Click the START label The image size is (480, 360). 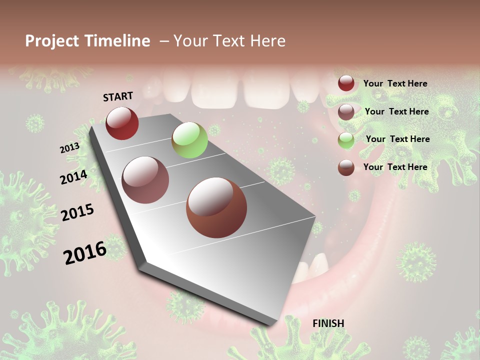pyautogui.click(x=118, y=96)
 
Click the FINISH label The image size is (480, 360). pyautogui.click(x=328, y=323)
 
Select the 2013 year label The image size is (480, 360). pyautogui.click(x=69, y=148)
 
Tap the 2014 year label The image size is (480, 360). pyautogui.click(x=73, y=177)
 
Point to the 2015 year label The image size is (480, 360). pyautogui.click(x=77, y=212)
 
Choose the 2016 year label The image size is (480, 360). pyautogui.click(x=85, y=252)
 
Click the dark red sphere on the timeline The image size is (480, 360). pyautogui.click(x=122, y=123)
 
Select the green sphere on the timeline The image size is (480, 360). pyautogui.click(x=189, y=140)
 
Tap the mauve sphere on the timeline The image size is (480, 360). pyautogui.click(x=145, y=180)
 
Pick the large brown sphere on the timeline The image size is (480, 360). pyautogui.click(x=216, y=207)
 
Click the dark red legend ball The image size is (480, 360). pyautogui.click(x=346, y=83)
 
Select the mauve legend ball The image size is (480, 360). pyautogui.click(x=346, y=111)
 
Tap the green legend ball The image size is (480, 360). pyautogui.click(x=346, y=139)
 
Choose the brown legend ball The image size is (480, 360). pyautogui.click(x=346, y=167)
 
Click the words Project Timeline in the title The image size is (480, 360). pyautogui.click(x=87, y=41)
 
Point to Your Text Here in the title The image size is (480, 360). pyautogui.click(x=229, y=41)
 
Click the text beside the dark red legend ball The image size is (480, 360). pyautogui.click(x=395, y=83)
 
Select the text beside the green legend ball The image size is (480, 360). pyautogui.click(x=397, y=139)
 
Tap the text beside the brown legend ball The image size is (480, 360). pyautogui.click(x=395, y=167)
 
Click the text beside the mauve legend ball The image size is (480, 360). pyautogui.click(x=396, y=111)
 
